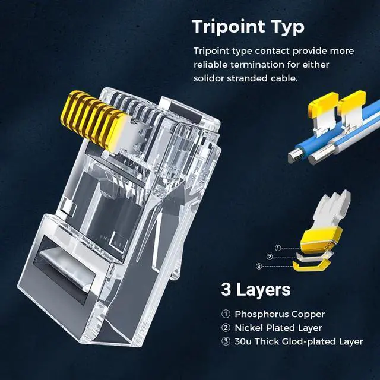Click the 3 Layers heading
[255, 290]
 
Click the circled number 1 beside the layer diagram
[278, 248]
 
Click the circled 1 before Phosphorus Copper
[225, 314]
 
